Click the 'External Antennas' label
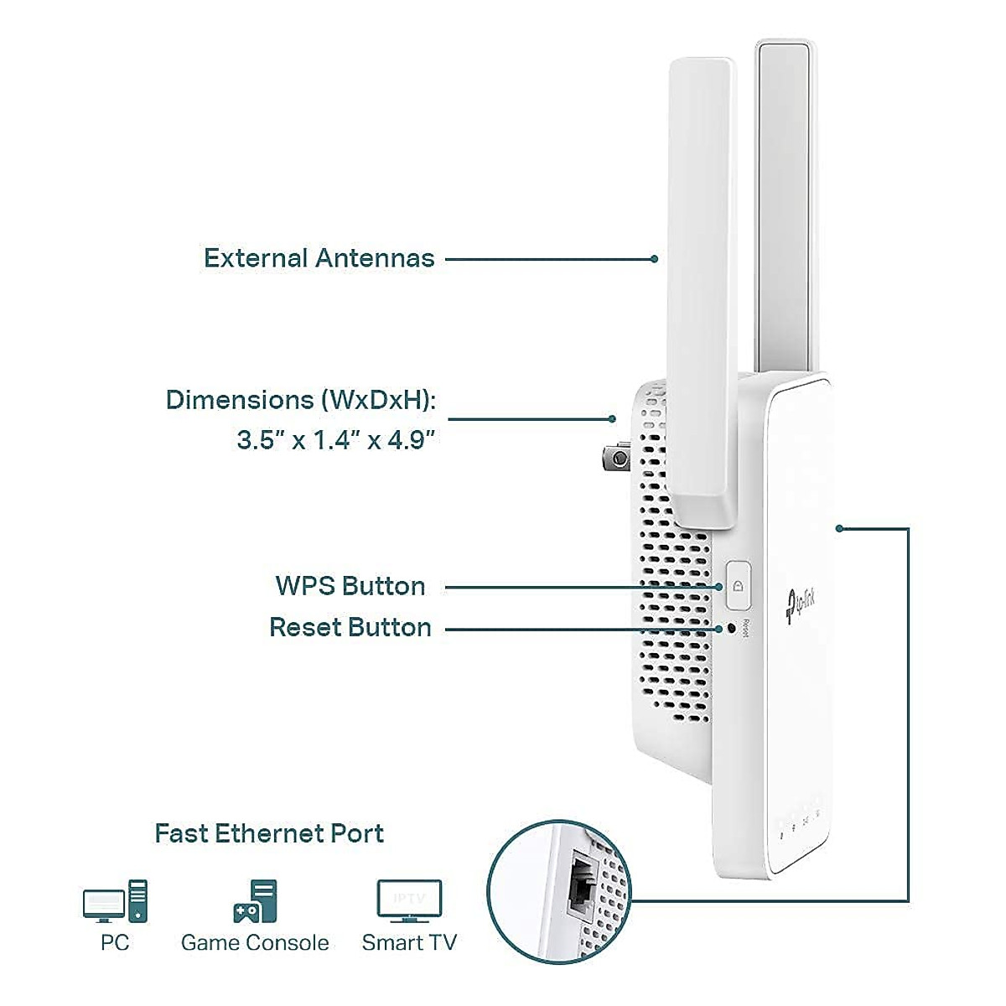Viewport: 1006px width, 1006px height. [x=319, y=258]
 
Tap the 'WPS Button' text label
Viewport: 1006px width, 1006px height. [x=350, y=586]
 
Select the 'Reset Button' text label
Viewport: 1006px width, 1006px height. [x=350, y=627]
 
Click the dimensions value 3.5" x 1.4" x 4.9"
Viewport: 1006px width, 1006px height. [x=336, y=439]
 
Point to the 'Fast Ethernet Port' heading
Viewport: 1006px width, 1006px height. [x=269, y=833]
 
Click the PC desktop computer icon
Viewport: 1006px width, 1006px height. [x=115, y=901]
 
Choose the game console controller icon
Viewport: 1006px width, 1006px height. [x=254, y=901]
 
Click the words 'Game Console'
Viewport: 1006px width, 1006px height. [x=255, y=943]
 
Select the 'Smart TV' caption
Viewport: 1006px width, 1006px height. [x=409, y=943]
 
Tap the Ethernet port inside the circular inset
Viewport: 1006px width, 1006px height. [x=578, y=887]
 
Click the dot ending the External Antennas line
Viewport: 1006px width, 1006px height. [x=655, y=259]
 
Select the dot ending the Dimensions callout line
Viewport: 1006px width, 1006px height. [x=613, y=418]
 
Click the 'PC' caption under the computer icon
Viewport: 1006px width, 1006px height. [x=115, y=943]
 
